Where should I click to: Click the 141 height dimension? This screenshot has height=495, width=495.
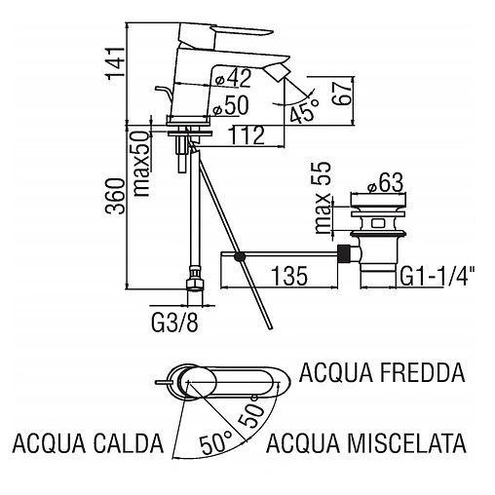(115, 63)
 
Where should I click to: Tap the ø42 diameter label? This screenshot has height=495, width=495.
(234, 78)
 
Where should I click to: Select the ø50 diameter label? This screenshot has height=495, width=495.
(230, 105)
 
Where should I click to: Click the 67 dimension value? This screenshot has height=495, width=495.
(342, 93)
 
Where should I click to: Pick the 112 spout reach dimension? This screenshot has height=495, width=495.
(247, 135)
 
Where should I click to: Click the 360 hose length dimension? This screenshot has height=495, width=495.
(115, 196)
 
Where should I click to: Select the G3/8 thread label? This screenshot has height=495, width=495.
(174, 323)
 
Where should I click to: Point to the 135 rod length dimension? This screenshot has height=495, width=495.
(289, 276)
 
